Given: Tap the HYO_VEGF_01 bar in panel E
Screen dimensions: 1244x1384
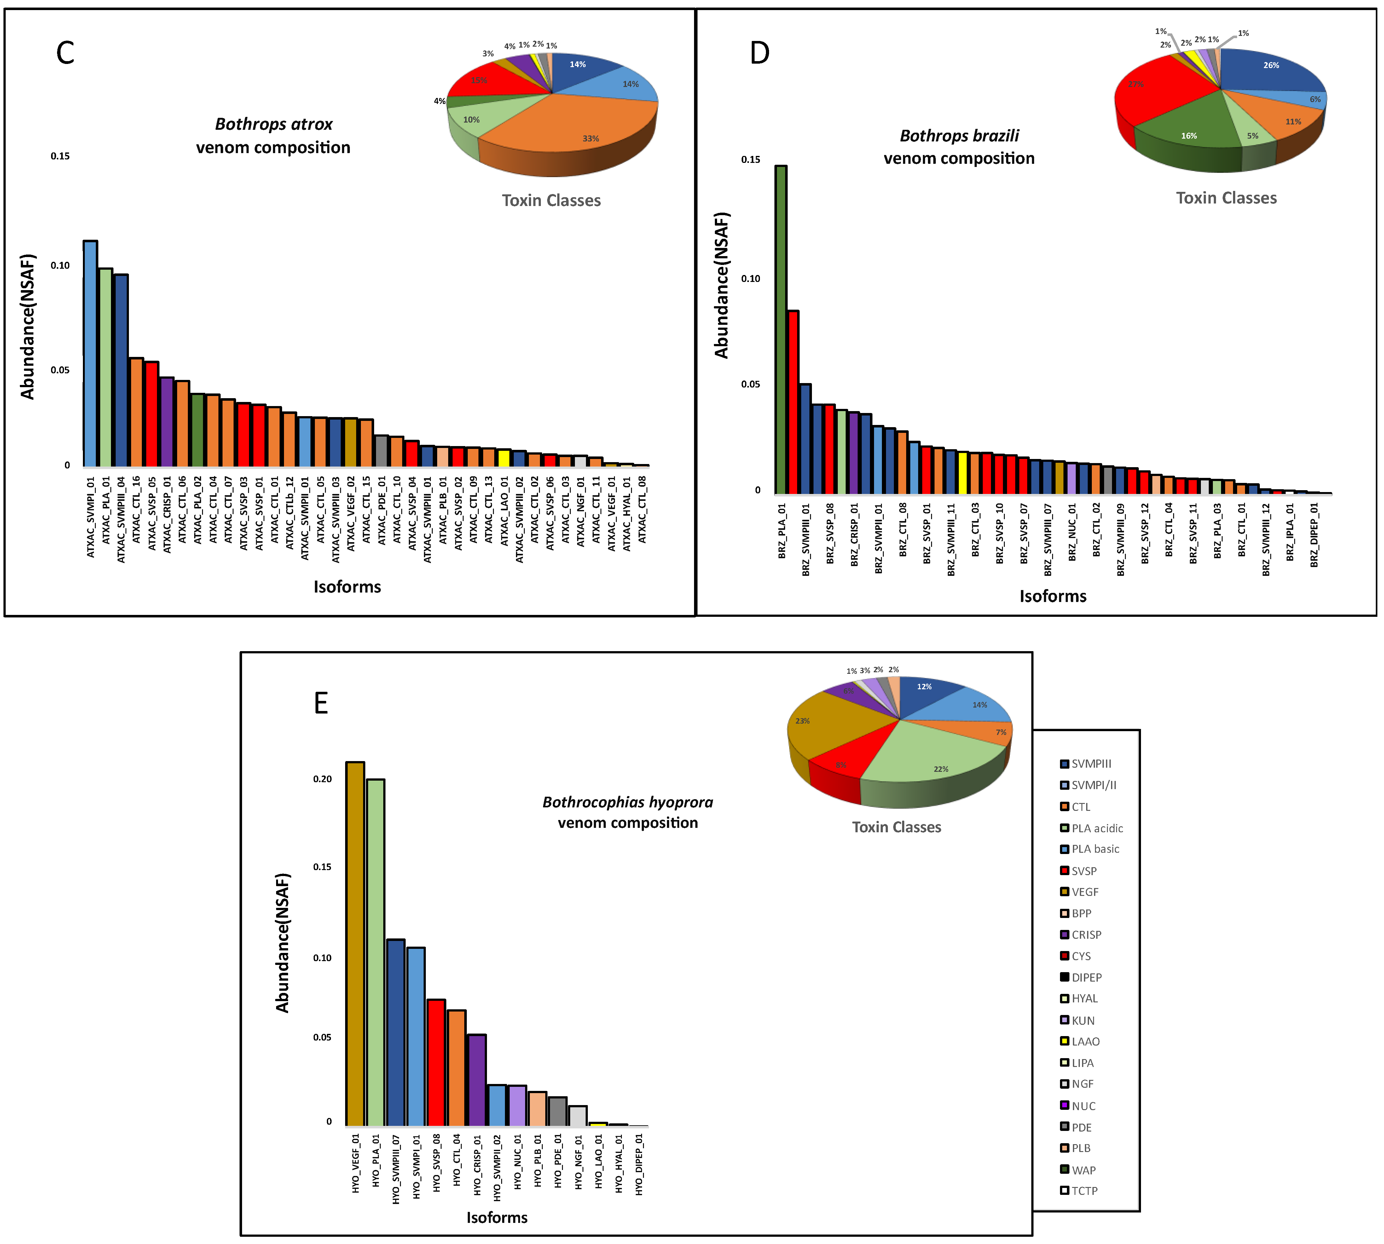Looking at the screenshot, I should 355,943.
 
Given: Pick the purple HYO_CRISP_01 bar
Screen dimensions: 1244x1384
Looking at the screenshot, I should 477,1080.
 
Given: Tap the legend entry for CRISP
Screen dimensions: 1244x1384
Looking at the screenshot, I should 1086,934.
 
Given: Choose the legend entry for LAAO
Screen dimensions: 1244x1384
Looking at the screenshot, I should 1085,1041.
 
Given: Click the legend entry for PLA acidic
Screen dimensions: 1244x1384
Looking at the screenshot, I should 1096,828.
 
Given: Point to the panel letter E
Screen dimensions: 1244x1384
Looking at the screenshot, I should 321,703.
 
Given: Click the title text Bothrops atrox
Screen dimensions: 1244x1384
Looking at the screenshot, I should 274,124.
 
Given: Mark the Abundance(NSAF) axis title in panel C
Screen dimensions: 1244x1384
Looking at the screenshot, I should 27,327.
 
